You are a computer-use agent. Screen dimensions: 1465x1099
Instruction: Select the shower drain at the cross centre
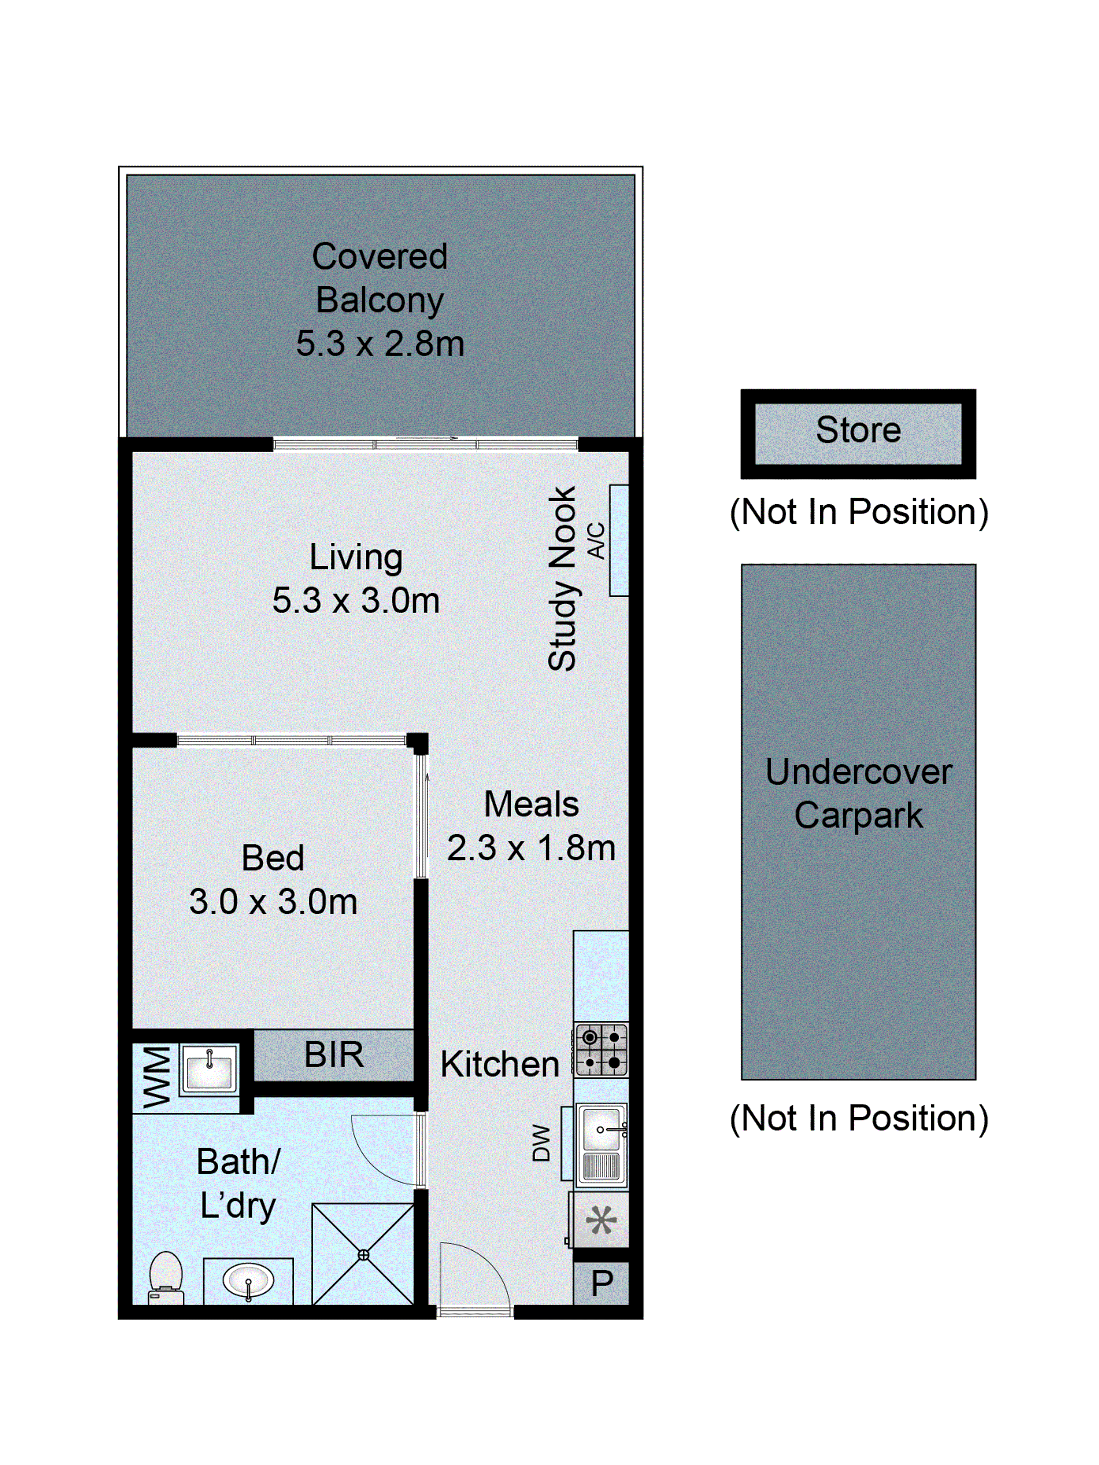(x=363, y=1254)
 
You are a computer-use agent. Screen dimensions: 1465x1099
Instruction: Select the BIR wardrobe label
(x=334, y=1055)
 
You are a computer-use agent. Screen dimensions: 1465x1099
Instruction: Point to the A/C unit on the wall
(x=618, y=540)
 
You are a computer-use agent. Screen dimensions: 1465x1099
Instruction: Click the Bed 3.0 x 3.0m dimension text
(x=273, y=901)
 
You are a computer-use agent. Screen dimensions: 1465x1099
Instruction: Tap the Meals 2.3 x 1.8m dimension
(x=531, y=848)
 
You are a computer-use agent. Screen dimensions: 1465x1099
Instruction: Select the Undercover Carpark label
(x=858, y=793)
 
